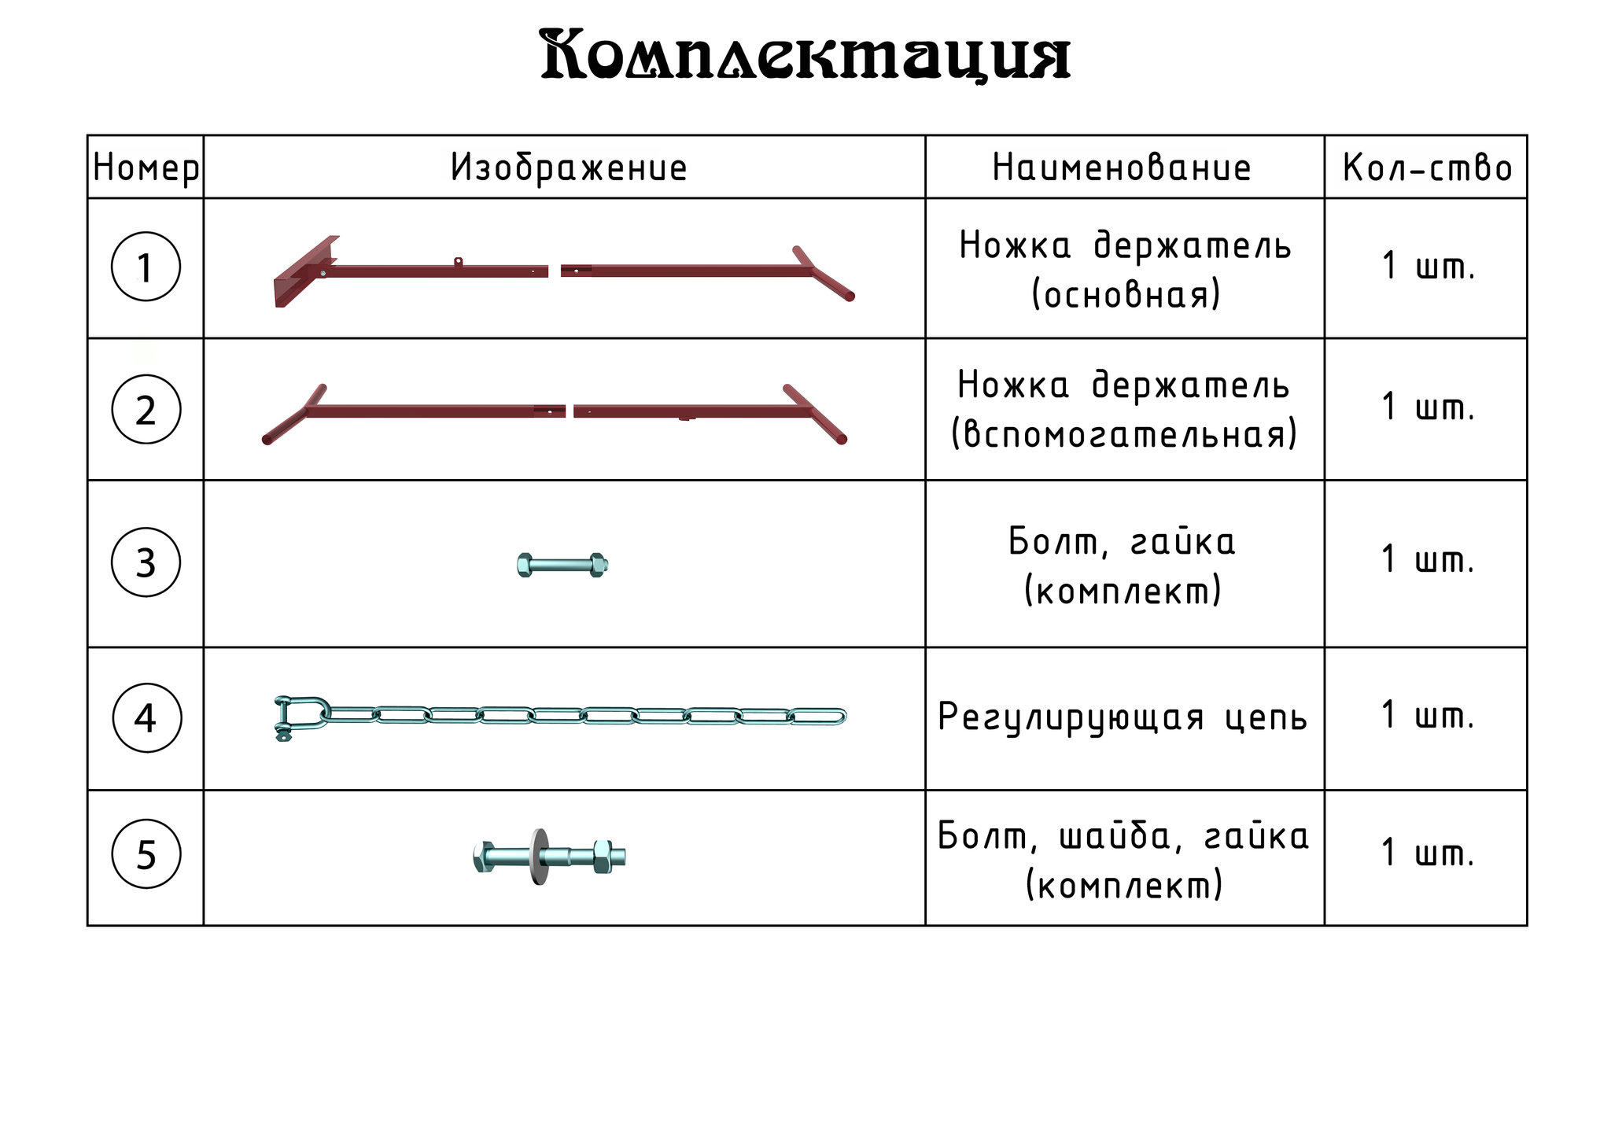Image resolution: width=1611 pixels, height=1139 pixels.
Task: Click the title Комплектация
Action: click(x=805, y=55)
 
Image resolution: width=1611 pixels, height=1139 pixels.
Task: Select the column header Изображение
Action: click(x=569, y=168)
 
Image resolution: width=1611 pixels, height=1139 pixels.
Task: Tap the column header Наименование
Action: click(x=1121, y=168)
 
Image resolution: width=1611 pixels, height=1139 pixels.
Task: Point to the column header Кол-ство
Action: click(x=1427, y=168)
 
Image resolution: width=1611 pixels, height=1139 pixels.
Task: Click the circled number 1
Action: click(x=146, y=267)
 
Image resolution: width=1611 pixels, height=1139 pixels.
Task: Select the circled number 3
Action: click(x=146, y=562)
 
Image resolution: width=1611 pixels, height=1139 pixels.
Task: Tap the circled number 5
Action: click(x=146, y=854)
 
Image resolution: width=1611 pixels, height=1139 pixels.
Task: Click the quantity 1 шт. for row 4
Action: click(x=1428, y=715)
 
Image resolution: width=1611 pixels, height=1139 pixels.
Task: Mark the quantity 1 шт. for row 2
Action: click(x=1428, y=407)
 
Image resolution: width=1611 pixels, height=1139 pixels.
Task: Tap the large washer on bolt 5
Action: click(x=539, y=857)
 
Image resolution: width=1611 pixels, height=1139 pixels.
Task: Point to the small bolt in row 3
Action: click(x=563, y=565)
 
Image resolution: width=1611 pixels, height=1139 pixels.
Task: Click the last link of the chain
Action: click(x=817, y=717)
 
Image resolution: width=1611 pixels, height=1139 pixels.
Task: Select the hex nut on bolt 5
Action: click(x=603, y=857)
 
